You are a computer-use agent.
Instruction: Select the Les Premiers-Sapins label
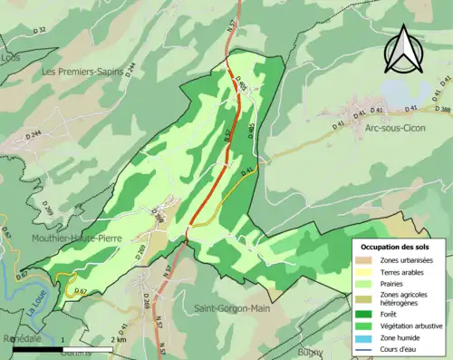click(x=82, y=70)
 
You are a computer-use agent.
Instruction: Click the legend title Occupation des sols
click(x=398, y=247)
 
